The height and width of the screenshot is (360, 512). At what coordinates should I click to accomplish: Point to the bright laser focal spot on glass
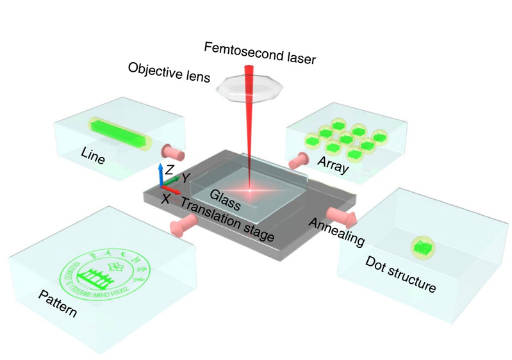pos(249,189)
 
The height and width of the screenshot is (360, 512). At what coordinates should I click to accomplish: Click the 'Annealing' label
pos(337,233)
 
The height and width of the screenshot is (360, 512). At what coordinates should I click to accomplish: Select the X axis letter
pos(166,199)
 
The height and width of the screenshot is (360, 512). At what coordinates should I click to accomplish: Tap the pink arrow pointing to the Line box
pos(174,153)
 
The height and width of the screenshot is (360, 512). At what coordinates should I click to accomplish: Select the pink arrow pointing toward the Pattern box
pos(183,224)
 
